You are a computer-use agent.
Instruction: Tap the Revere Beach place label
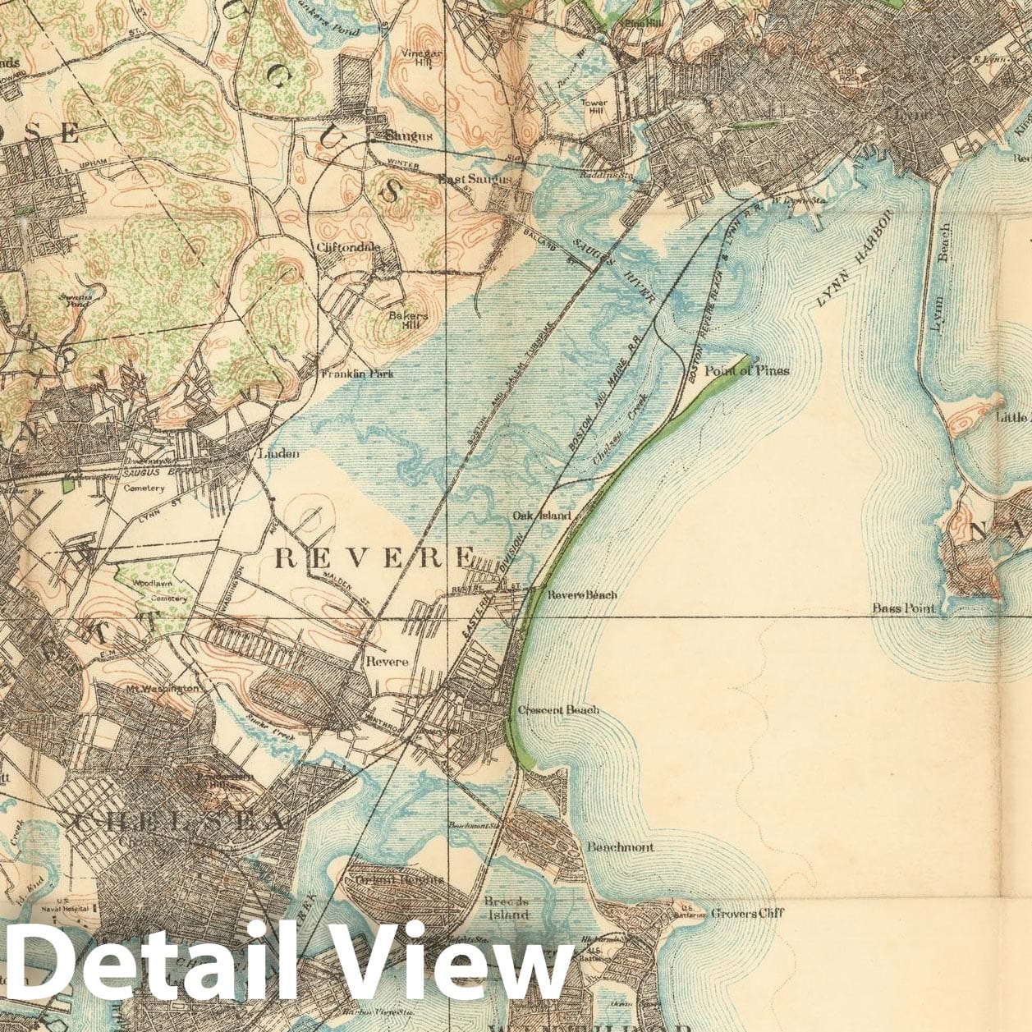582,594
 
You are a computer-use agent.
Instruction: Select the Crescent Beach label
558,710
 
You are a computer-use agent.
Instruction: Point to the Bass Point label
903,608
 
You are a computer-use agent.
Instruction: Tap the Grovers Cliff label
747,913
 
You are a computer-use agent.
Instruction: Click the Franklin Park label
357,374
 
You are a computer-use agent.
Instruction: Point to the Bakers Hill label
408,320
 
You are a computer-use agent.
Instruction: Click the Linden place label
279,453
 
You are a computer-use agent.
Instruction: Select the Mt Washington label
163,687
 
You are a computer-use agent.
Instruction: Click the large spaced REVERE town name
374,558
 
